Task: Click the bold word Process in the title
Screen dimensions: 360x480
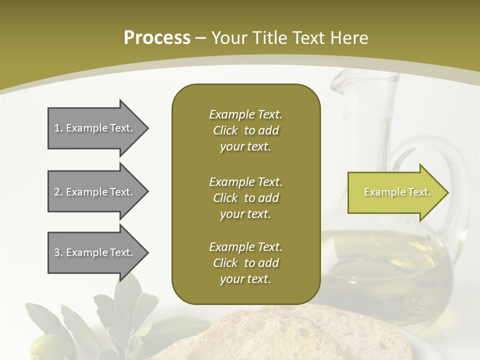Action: tap(157, 38)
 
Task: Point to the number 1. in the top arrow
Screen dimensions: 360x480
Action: tap(58, 128)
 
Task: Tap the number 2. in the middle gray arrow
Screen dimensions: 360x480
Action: tap(58, 192)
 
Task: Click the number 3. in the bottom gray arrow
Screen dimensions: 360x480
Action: tap(58, 252)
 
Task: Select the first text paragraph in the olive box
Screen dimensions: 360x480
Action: tap(245, 130)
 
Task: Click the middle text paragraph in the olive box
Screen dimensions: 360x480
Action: tap(245, 198)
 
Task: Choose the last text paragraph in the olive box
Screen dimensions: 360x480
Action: tap(245, 263)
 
